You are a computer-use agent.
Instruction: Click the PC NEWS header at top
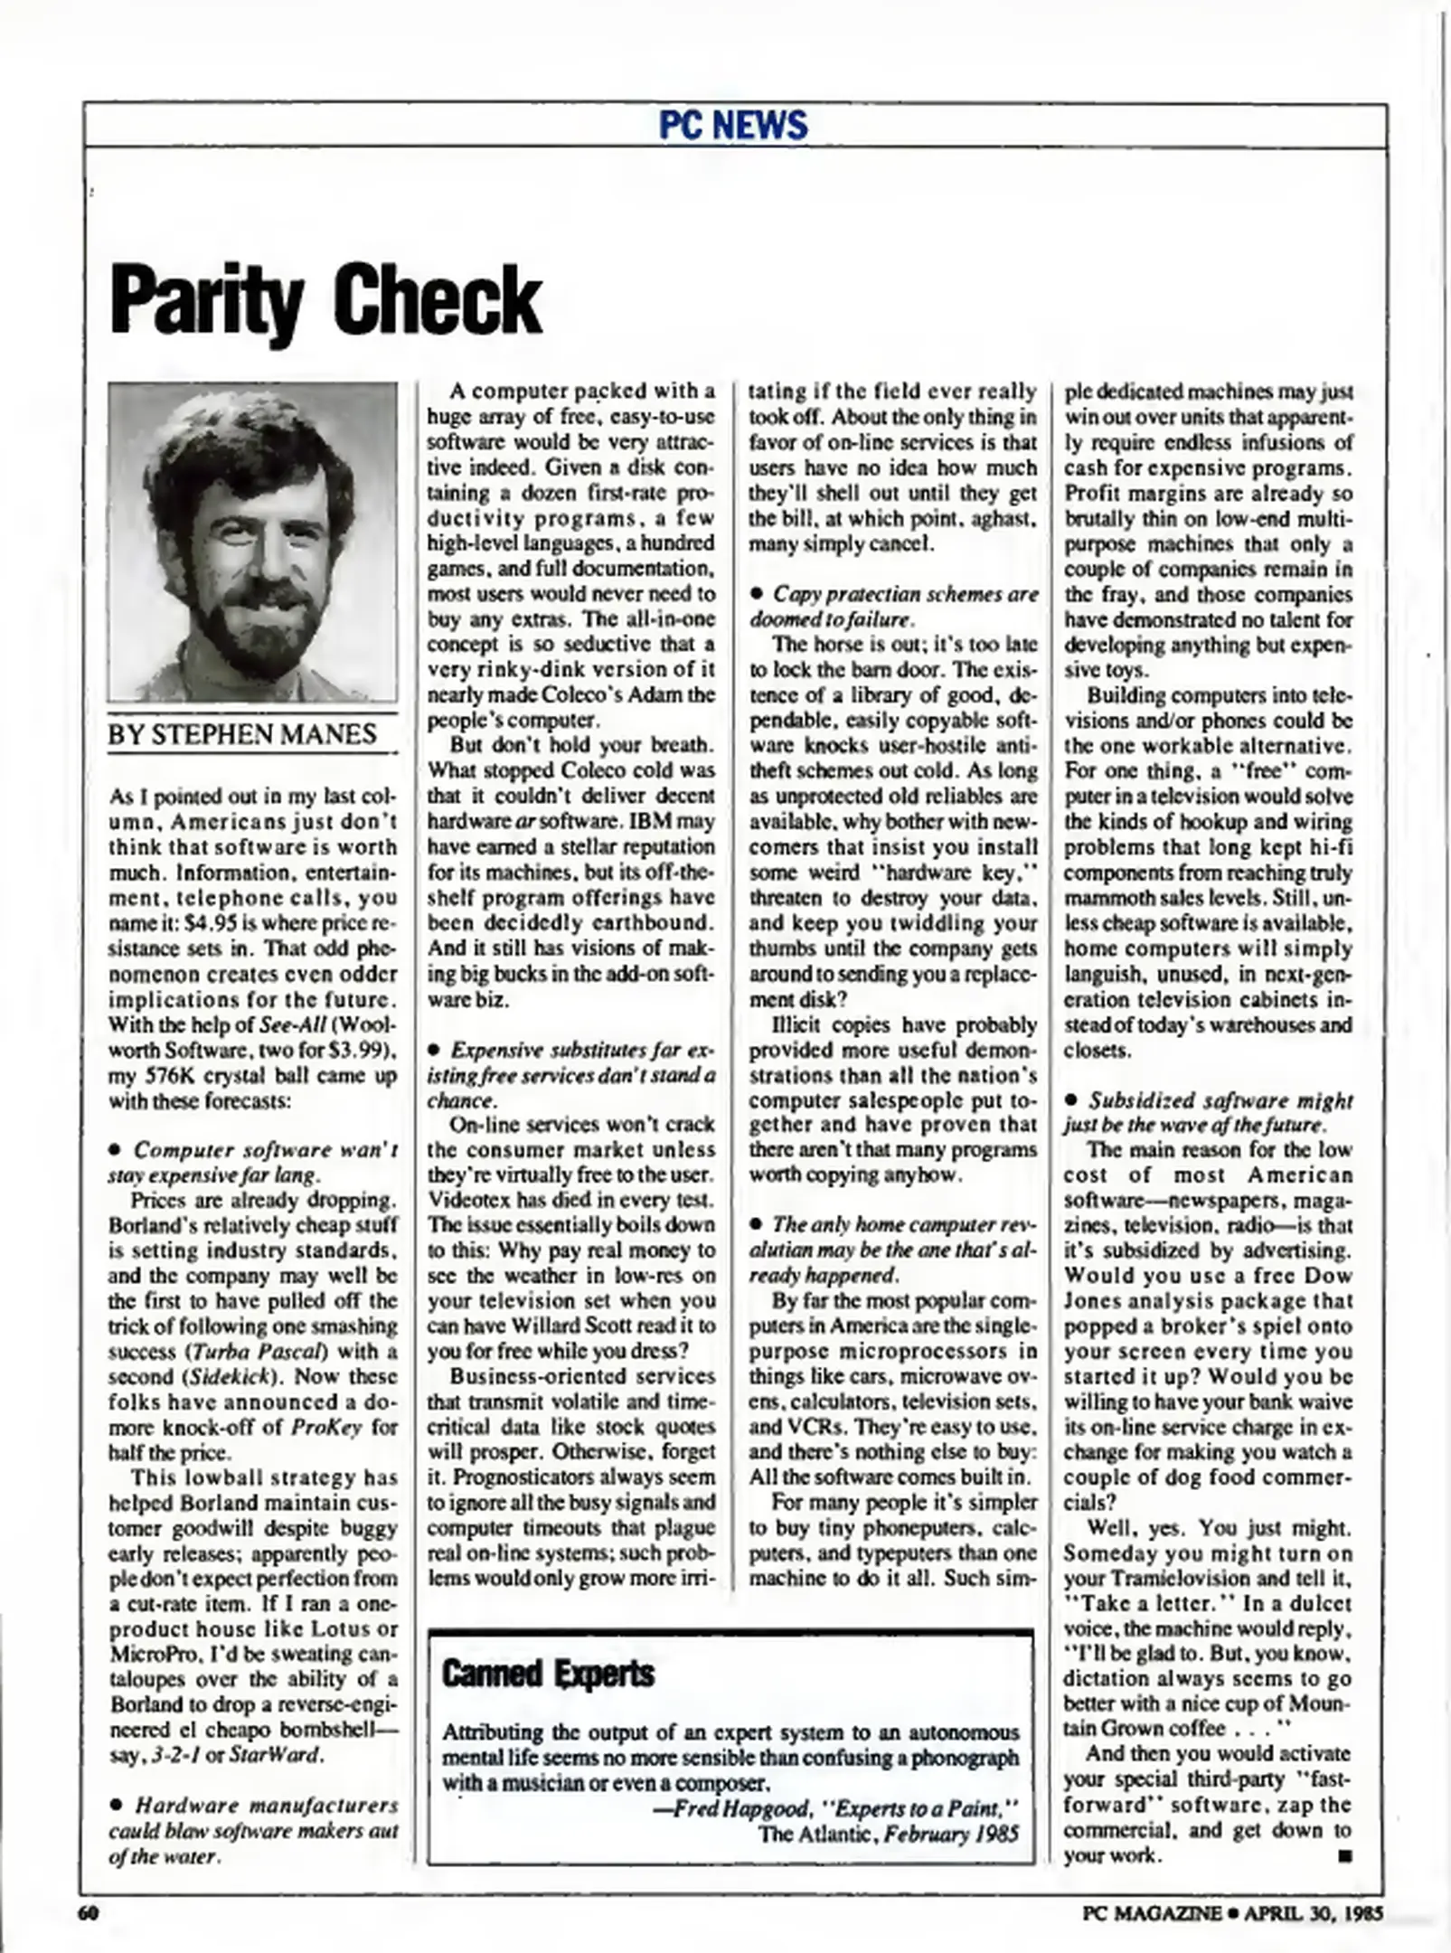click(732, 125)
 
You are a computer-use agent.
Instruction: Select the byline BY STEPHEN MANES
click(241, 733)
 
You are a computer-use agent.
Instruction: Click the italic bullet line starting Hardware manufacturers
click(265, 1806)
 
